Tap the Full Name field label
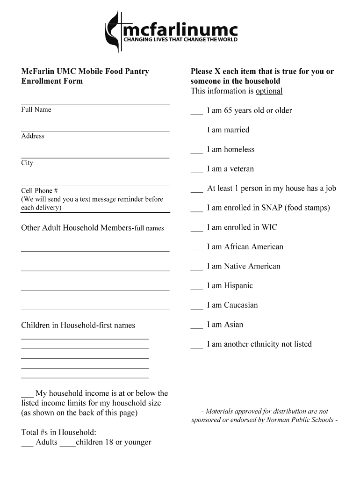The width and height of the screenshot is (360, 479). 36,109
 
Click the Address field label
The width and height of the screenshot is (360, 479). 33,136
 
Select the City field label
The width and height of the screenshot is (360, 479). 27,163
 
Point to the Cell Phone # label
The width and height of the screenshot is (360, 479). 39,191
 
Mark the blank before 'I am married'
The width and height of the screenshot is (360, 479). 196,132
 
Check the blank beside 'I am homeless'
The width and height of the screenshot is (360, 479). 196,152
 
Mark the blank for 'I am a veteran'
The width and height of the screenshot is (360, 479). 196,171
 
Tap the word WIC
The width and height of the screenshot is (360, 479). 269,227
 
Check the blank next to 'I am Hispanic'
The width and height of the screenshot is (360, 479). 196,288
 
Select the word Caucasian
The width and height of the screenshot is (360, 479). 241,305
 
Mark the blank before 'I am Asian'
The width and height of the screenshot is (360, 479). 196,327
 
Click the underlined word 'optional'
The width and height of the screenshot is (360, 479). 269,91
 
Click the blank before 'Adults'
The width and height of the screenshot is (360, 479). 27,444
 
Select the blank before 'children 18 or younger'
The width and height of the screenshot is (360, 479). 68,444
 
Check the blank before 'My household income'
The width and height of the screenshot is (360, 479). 27,396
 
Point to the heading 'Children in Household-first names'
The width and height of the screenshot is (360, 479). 78,325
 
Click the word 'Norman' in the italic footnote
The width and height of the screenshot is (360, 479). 279,420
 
